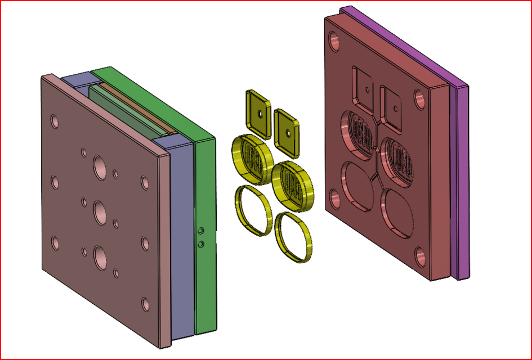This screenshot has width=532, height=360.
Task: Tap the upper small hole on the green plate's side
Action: point(200,231)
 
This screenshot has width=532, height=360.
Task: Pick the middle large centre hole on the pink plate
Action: point(100,211)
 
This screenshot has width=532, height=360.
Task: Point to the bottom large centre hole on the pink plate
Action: point(100,256)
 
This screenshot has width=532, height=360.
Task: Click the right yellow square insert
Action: point(287,132)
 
